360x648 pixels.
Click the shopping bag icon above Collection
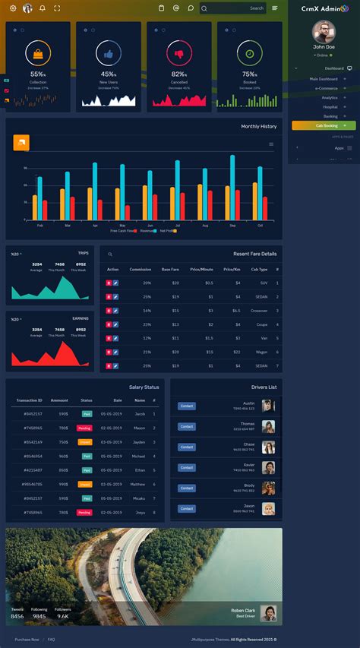38,54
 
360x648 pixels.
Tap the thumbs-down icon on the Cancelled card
179,54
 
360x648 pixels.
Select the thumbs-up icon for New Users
109,54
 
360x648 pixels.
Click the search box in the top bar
233,8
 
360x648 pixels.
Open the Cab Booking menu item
323,125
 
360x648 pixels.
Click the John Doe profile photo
324,32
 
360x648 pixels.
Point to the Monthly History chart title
258,126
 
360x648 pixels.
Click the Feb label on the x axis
40,226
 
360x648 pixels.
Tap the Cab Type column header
259,269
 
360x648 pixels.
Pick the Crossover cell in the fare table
259,310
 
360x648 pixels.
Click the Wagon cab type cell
261,352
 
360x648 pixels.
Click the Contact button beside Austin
187,406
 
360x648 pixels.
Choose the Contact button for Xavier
187,468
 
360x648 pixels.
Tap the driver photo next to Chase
267,447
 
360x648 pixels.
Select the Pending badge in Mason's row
84,428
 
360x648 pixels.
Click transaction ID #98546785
32,484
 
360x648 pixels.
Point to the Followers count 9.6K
62,616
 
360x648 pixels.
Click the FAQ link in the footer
52,640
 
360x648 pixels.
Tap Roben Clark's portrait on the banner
267,612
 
